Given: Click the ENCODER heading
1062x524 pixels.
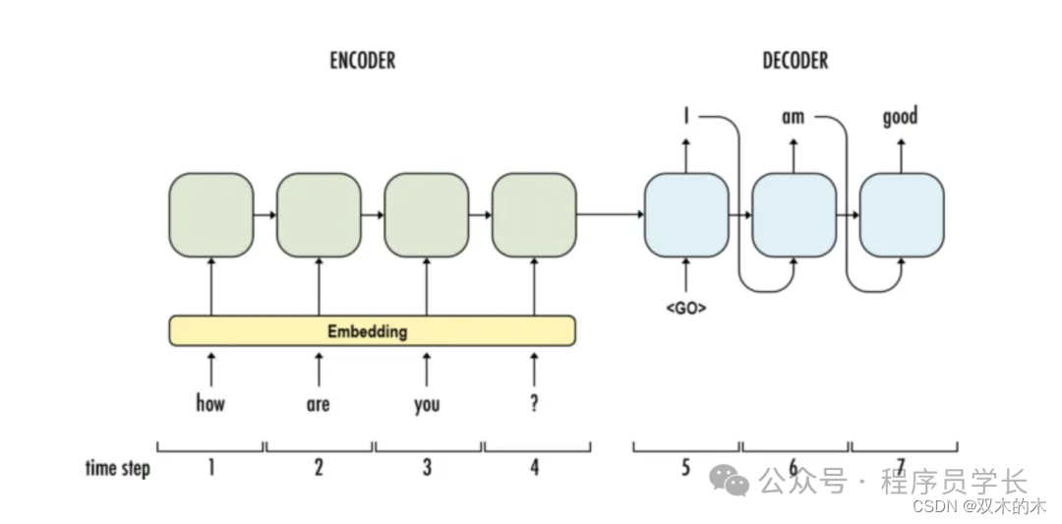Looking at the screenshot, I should coord(362,61).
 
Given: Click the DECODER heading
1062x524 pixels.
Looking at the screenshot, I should coord(795,61).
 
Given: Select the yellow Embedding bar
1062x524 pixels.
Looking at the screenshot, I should coord(372,331).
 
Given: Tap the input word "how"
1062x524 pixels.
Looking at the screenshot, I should coord(210,403).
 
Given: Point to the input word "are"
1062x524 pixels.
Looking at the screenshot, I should coord(318,404).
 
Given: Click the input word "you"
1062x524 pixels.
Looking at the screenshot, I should coord(427,404).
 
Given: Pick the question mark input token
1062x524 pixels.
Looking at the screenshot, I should coord(534,403).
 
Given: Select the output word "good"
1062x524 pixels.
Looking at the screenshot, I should coord(900,118).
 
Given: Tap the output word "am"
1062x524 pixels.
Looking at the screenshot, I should coord(793,118).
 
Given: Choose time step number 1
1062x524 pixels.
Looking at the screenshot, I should coord(210,468).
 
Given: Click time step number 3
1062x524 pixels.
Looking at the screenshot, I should coord(427,468).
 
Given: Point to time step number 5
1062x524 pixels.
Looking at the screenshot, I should coord(686,468).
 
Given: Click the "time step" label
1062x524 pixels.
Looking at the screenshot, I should coord(118,468).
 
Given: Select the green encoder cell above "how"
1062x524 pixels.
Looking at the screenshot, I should coord(211,215).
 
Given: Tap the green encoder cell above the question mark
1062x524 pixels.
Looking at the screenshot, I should coord(534,215).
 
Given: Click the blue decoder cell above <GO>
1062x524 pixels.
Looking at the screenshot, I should coord(686,215).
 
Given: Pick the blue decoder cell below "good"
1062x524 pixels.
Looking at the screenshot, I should coord(902,215).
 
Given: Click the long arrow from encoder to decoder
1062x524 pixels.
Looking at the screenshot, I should coord(610,214).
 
